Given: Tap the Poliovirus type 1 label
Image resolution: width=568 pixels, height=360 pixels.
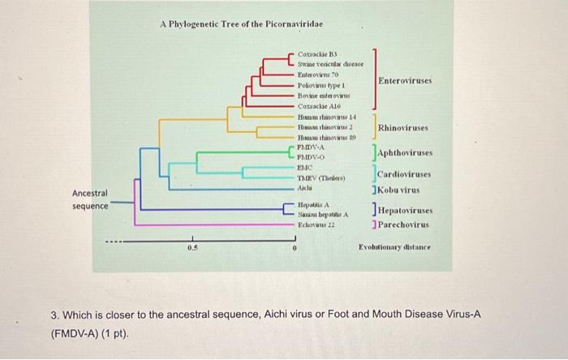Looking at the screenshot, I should pos(322,85).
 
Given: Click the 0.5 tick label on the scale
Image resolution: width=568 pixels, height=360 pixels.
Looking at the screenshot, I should pos(192,248).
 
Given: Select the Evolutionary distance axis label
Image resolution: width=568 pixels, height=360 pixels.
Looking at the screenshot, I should pos(394,247).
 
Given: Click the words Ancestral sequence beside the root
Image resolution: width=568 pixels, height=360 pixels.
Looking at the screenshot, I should pos(90,199).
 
